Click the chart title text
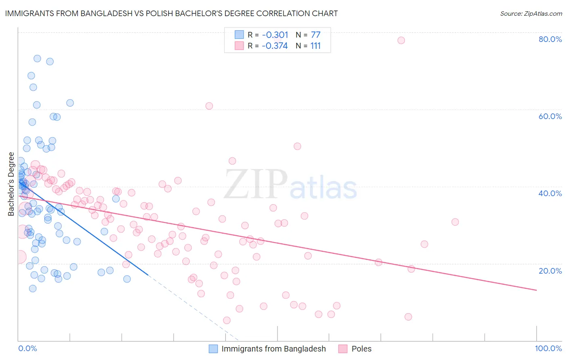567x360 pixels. coord(171,13)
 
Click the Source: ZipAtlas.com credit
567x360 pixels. coord(531,13)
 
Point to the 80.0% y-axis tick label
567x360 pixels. coord(550,39)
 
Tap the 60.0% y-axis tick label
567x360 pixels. coord(550,116)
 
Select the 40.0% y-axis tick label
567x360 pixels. coord(550,193)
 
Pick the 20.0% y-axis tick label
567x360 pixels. coord(550,271)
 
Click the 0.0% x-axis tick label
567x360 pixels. coord(27,348)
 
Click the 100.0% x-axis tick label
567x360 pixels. coord(548,348)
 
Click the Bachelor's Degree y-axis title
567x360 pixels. coord(11,184)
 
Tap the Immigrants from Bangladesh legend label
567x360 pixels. coord(273,349)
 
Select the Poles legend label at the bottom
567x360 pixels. coord(361,349)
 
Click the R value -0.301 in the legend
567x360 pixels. coord(275,35)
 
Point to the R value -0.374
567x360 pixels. coord(275,46)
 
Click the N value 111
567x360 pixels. coord(315,46)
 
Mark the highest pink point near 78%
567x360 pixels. coord(401,40)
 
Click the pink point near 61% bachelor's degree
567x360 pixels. coord(209,106)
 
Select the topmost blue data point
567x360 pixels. coord(37,59)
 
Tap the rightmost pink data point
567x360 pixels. coord(455,222)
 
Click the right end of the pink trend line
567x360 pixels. coord(536,290)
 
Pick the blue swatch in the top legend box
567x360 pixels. coord(239,35)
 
